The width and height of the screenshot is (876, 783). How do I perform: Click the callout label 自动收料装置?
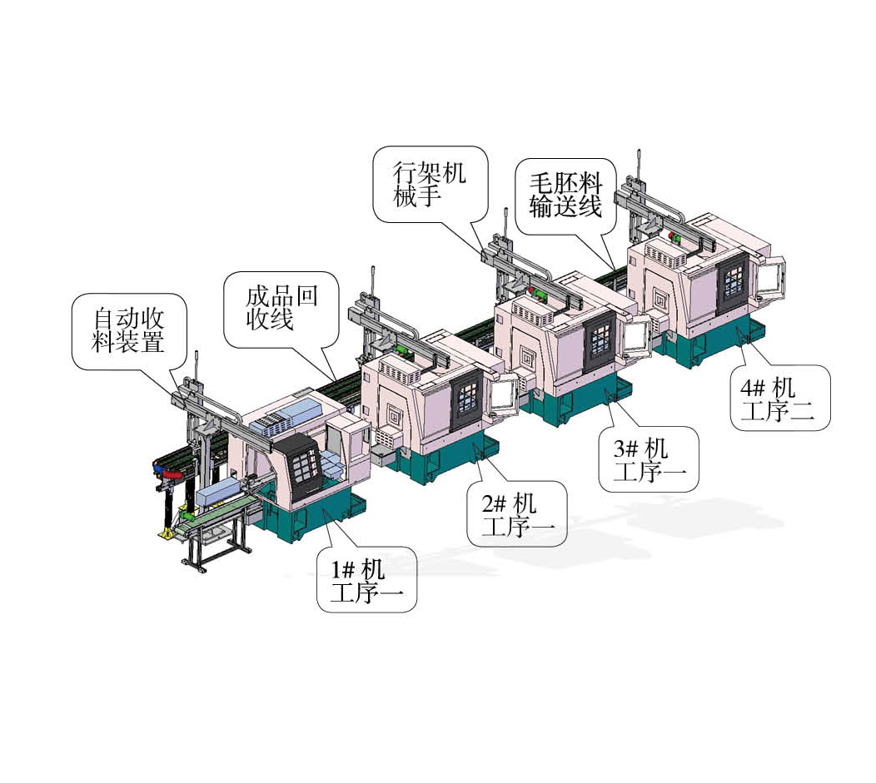(128, 330)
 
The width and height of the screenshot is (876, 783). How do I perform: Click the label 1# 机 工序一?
(366, 580)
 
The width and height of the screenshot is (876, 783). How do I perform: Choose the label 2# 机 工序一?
(517, 514)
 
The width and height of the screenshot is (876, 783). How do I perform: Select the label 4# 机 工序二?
(780, 398)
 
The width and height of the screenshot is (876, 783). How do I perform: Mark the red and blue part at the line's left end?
(167, 472)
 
